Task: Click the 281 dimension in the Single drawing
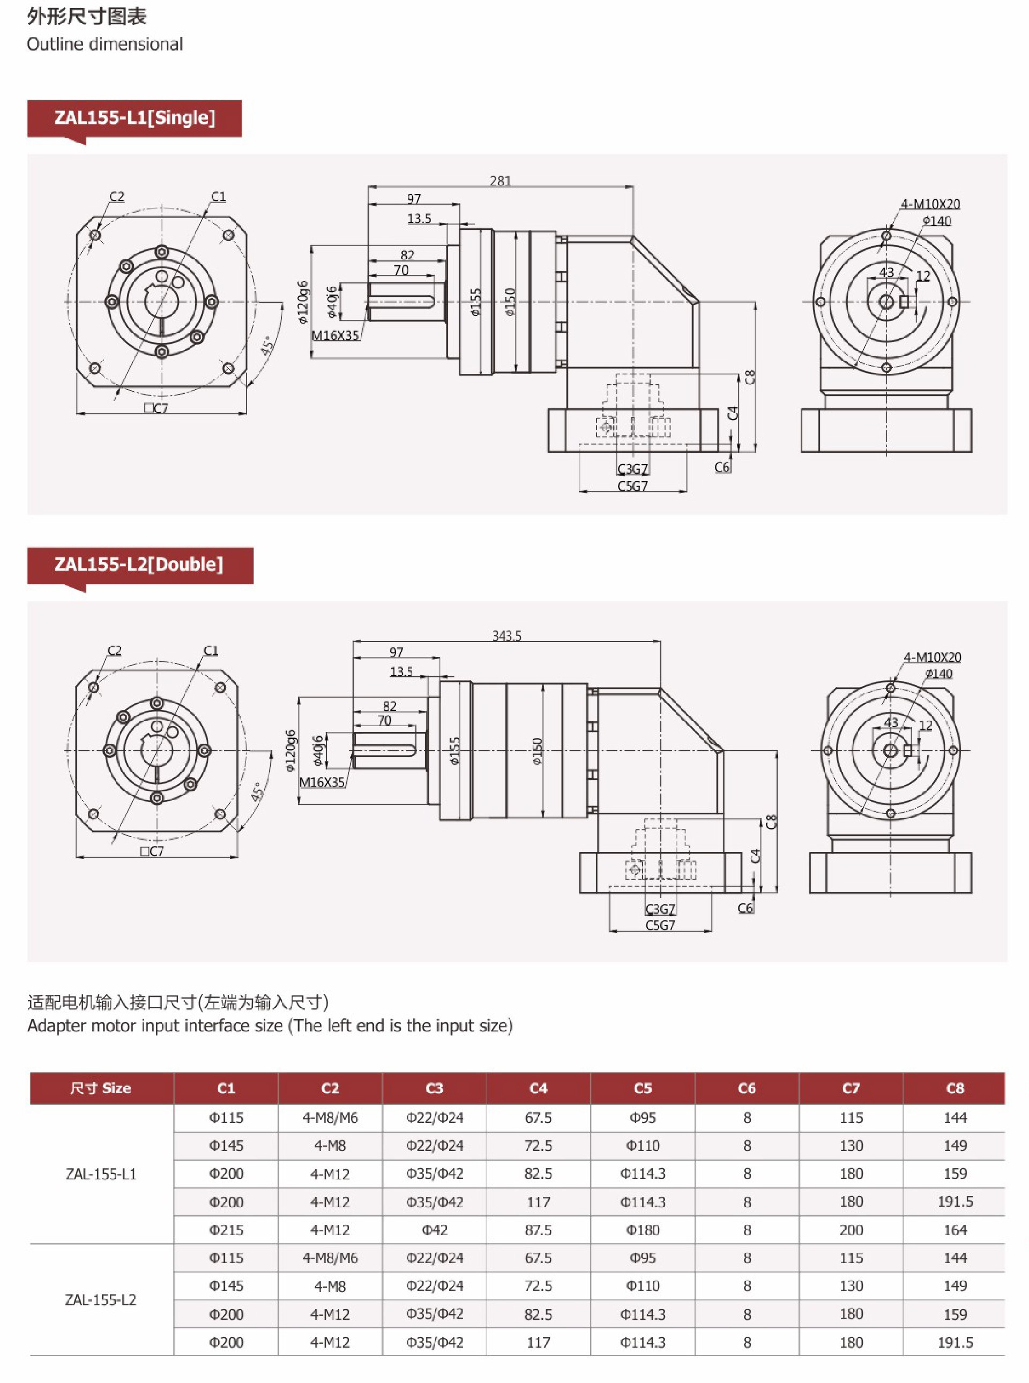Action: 500,181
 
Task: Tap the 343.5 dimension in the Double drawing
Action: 506,635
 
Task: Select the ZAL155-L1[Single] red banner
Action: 135,118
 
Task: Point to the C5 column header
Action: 642,1088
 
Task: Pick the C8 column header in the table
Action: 955,1088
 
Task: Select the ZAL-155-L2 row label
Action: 101,1299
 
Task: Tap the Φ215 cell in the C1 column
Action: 226,1230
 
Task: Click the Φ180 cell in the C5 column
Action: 642,1230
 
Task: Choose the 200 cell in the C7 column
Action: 851,1230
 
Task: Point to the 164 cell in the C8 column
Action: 955,1230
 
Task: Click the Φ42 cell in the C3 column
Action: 434,1230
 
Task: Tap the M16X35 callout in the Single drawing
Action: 335,335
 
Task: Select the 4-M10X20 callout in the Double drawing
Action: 932,657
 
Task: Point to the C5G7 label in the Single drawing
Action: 632,485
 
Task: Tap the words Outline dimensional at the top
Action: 105,44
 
